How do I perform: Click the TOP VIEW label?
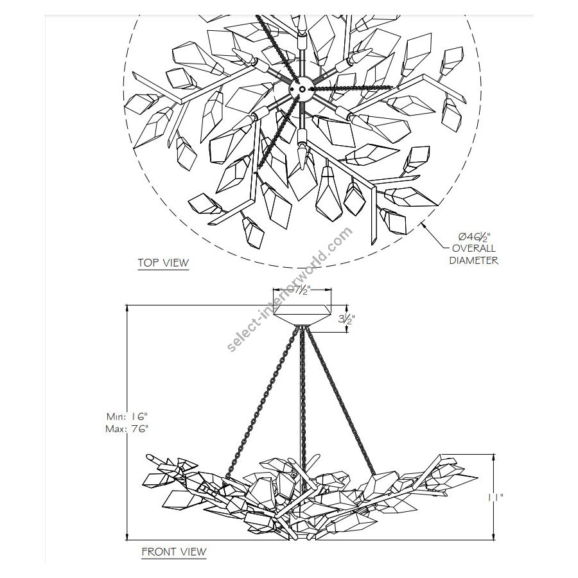(x=163, y=263)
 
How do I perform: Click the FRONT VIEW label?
(x=174, y=552)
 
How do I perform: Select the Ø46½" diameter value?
(x=474, y=236)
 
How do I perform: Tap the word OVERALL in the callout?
(x=474, y=249)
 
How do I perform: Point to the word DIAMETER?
(x=474, y=261)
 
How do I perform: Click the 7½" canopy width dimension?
(x=302, y=291)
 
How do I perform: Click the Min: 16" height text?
(x=127, y=417)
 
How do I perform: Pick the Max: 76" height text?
(x=127, y=429)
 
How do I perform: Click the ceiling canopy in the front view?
(x=302, y=315)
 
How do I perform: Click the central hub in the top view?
(x=302, y=89)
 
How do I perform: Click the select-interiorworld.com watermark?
(x=290, y=290)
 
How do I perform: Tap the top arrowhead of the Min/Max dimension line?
(x=127, y=308)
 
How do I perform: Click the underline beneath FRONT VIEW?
(x=174, y=559)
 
